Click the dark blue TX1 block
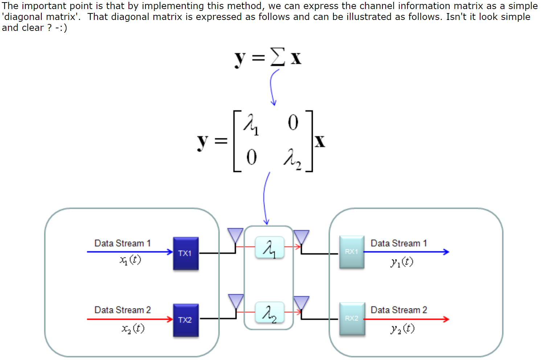186,253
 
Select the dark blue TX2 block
186,320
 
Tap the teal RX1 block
352,252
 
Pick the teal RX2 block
352,319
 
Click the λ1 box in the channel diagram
270,247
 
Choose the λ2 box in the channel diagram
270,312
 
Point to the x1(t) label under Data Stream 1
130,260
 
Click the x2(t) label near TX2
133,329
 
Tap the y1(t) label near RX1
402,262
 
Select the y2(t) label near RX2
402,329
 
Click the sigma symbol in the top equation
278,57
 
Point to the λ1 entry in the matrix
251,124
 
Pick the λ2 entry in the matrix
292,159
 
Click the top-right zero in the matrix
293,122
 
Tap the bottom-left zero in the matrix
251,157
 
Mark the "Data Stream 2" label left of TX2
123,310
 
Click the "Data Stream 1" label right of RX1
399,243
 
